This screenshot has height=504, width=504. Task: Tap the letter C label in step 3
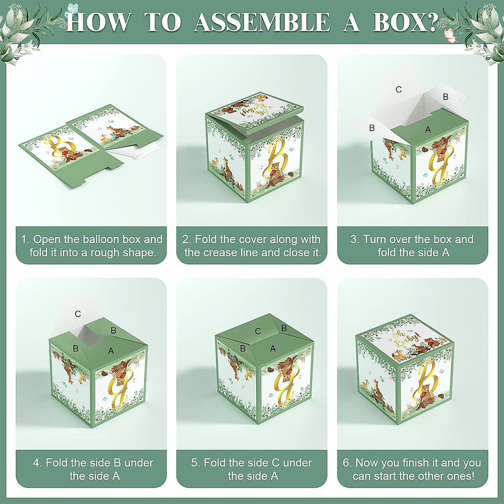tap(398, 90)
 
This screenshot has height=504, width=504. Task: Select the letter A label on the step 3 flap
tap(428, 129)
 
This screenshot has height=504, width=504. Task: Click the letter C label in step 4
tap(78, 314)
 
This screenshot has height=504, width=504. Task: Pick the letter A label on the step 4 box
tap(111, 351)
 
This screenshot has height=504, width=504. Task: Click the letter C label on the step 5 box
tap(258, 331)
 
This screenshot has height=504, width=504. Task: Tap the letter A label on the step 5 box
tap(273, 348)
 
